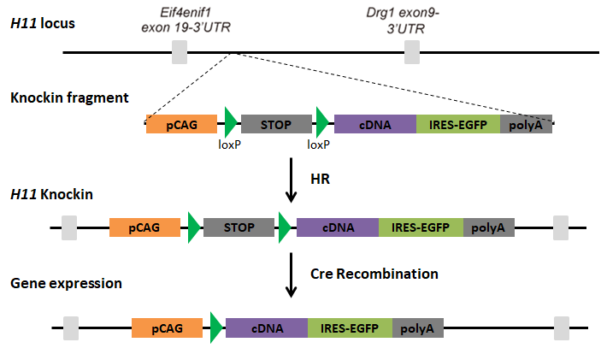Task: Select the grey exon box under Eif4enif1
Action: (180, 52)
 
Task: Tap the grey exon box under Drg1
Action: (412, 52)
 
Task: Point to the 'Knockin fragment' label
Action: (69, 97)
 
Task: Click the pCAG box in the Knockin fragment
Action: (182, 124)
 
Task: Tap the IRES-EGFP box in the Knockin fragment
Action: (458, 124)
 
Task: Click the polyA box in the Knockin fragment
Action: (526, 124)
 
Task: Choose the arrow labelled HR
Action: (292, 184)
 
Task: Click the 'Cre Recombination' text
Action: (375, 274)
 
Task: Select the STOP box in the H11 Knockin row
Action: (239, 227)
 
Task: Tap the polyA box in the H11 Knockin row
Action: (489, 227)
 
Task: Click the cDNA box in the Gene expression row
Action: (267, 328)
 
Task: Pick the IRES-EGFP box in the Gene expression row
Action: (350, 328)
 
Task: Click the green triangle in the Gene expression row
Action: (215, 328)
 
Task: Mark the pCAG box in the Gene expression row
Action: (167, 328)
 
